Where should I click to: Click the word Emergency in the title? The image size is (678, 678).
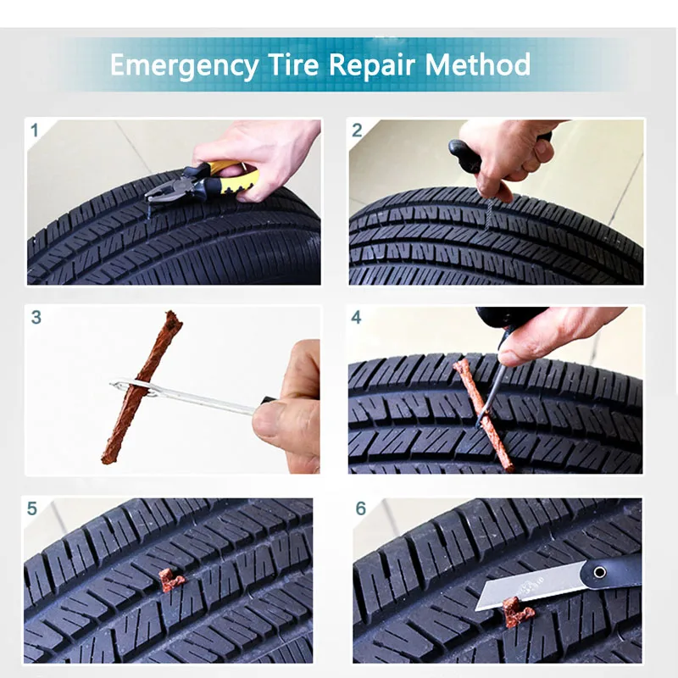(x=184, y=66)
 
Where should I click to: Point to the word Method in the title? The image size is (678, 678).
(x=477, y=64)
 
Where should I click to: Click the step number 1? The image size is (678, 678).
(x=35, y=131)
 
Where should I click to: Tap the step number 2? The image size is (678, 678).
(x=357, y=131)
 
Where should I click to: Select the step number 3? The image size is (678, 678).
(x=36, y=317)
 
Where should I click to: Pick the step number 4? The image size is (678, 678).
(x=356, y=317)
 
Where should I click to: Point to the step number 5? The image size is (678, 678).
(x=32, y=508)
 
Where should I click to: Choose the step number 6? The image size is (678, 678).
(x=361, y=508)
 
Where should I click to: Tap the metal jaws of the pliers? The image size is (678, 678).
(x=161, y=190)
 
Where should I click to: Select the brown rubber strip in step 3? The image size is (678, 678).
(x=142, y=387)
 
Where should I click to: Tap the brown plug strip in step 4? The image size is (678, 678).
(x=483, y=414)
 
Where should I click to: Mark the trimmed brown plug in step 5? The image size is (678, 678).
(x=170, y=581)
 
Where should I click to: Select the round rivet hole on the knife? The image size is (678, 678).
(x=599, y=573)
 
